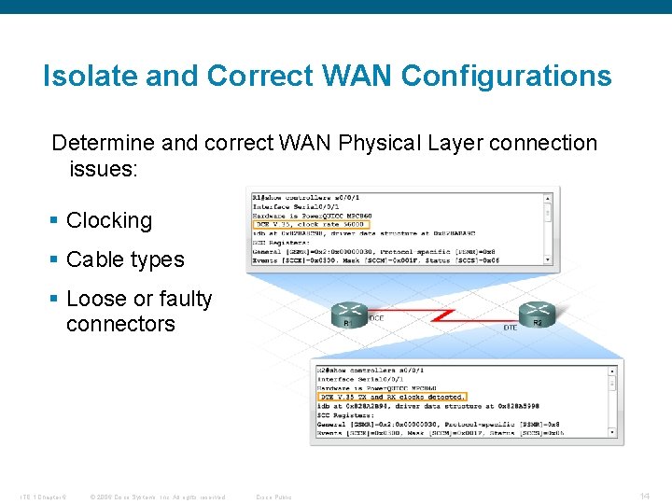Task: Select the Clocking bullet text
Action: point(109,220)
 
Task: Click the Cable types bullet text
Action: point(125,259)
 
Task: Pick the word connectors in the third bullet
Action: point(120,324)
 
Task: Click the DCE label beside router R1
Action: point(375,318)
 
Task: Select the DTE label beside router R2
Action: point(510,328)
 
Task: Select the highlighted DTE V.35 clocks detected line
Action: point(392,397)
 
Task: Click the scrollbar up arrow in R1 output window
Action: point(548,197)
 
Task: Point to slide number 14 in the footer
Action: point(645,496)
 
